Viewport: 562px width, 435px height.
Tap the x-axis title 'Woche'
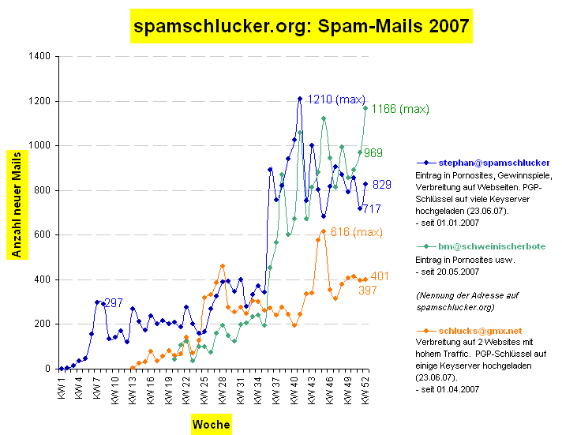click(x=211, y=424)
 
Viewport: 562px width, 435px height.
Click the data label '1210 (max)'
click(x=336, y=99)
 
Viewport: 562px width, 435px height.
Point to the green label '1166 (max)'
click(x=400, y=109)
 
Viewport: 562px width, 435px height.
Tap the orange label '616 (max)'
click(x=357, y=231)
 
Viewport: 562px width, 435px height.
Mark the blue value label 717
click(x=372, y=209)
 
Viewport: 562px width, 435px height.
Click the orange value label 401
click(x=380, y=276)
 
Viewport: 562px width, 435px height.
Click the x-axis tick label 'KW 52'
click(x=365, y=389)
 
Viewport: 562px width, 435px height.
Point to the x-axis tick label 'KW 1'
click(x=61, y=387)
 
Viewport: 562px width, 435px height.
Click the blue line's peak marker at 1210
click(x=300, y=99)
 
